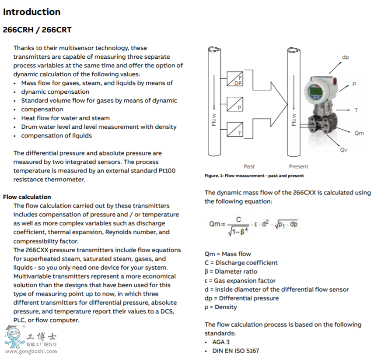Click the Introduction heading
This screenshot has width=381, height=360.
(32, 12)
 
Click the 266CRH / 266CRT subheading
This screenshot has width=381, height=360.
(37, 30)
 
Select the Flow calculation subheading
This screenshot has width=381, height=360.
(27, 197)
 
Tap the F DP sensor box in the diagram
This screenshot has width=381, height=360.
(235, 79)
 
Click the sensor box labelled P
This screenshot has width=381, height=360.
(235, 104)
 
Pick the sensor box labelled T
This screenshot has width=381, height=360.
(235, 129)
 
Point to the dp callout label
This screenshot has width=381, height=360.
(345, 57)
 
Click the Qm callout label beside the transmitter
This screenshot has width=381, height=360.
(359, 133)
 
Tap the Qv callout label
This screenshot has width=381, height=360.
(344, 150)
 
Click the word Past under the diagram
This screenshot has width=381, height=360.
(249, 166)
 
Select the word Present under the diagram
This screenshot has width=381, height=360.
(298, 166)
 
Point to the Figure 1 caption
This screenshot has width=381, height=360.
(254, 176)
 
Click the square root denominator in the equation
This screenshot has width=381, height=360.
(239, 232)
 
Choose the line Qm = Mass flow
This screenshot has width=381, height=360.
(228, 254)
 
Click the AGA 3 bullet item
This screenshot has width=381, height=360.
(221, 342)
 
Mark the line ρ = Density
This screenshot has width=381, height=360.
(221, 307)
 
